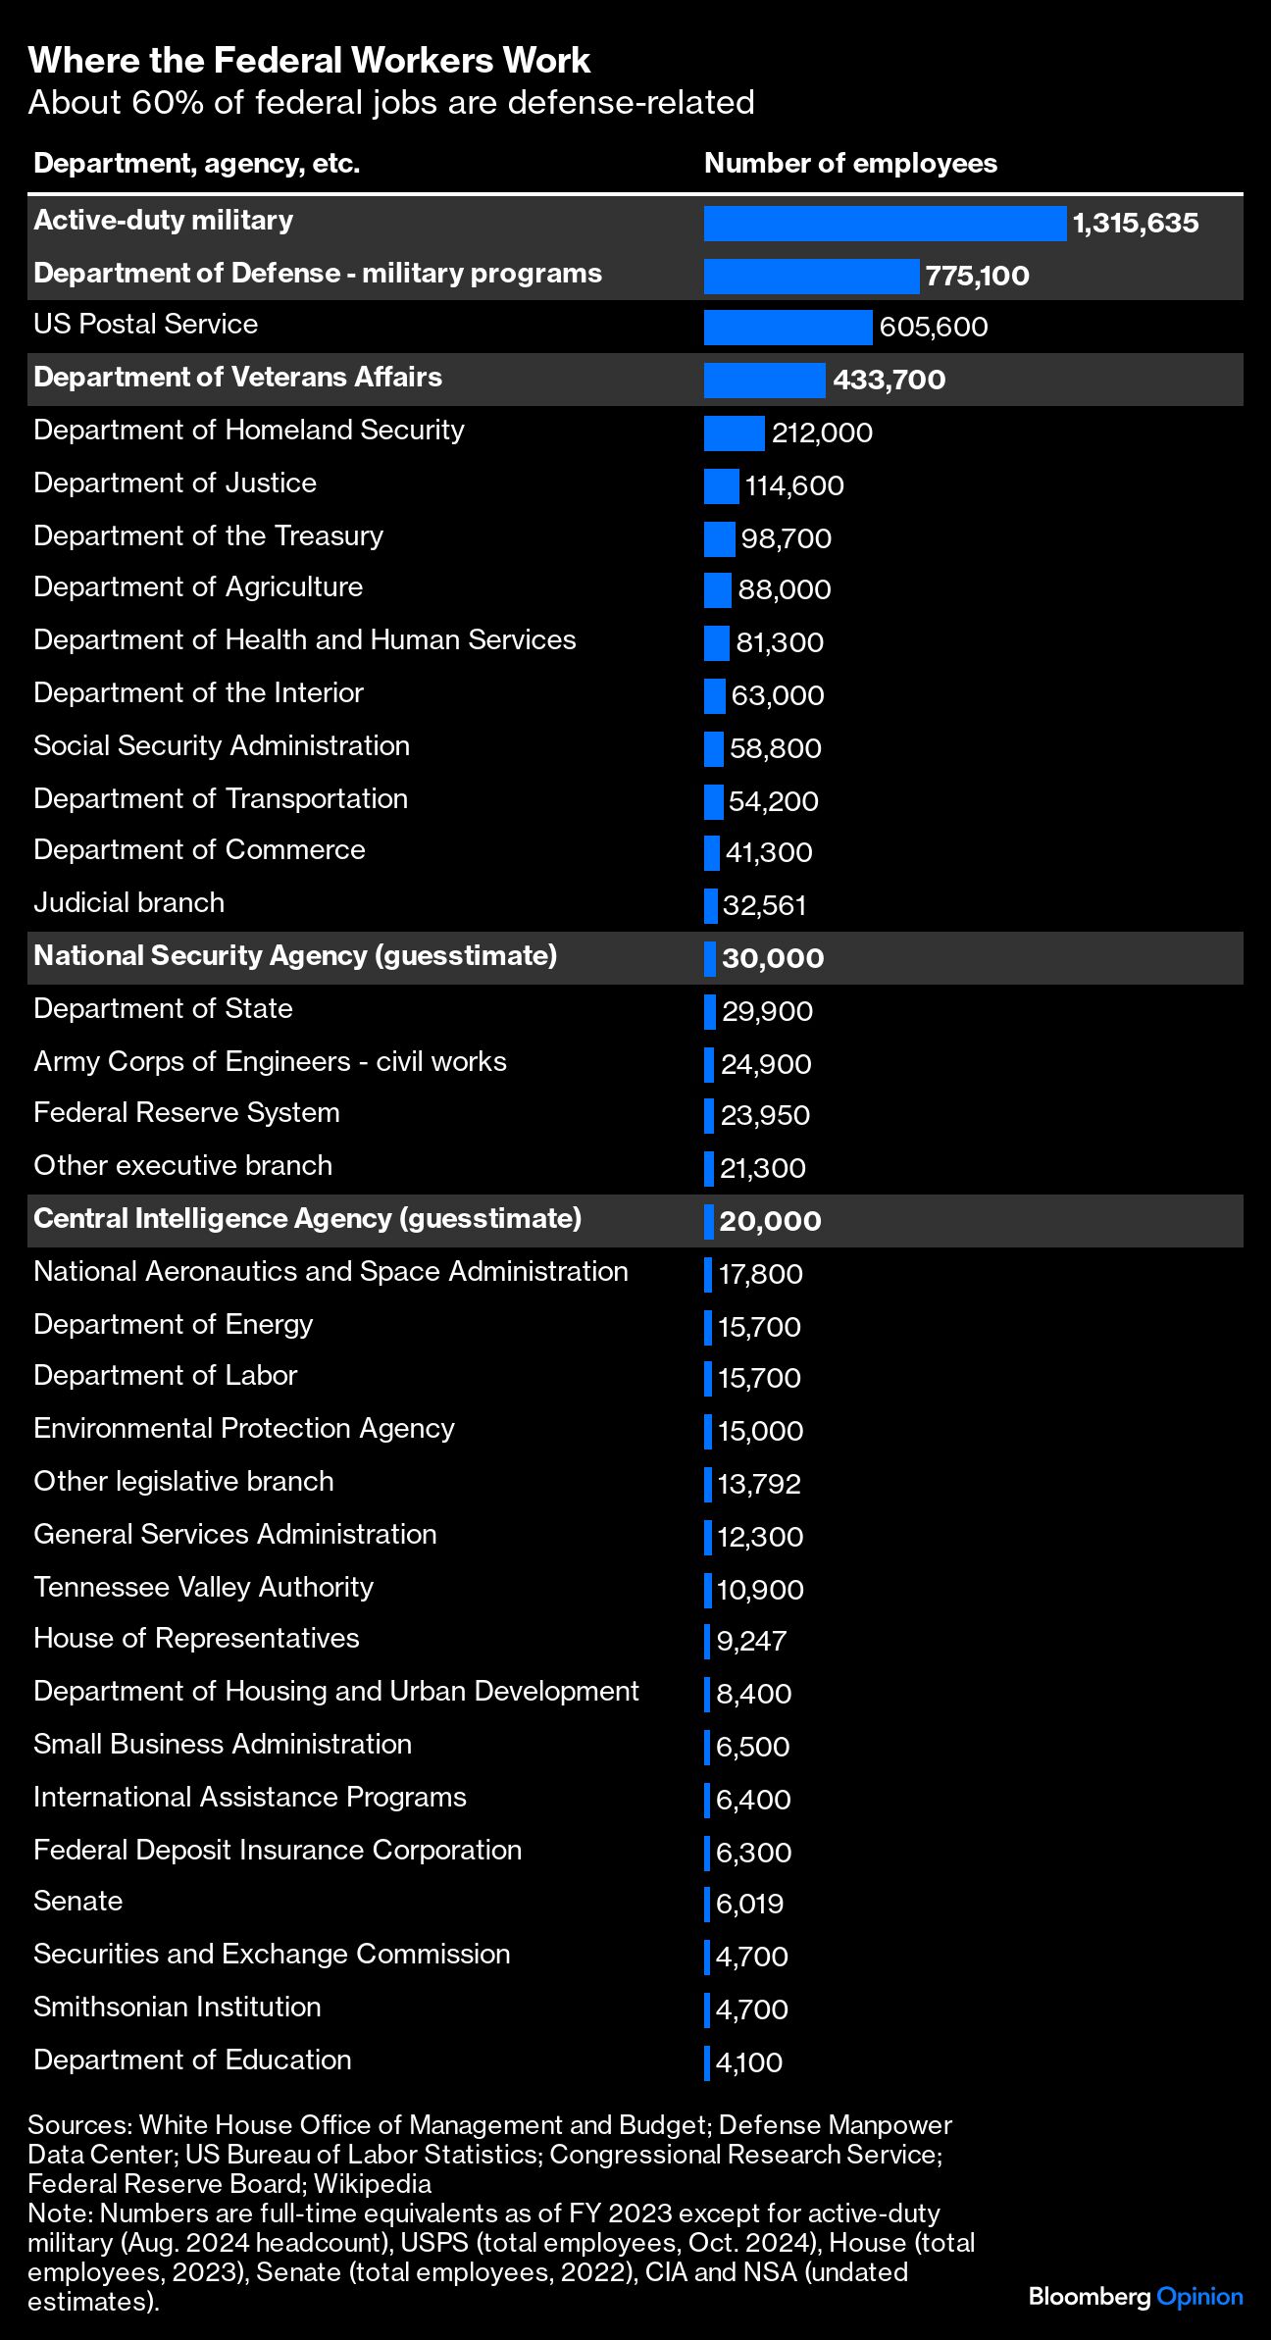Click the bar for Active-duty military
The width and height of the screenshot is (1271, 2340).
click(x=885, y=224)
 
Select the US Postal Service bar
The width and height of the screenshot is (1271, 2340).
click(x=788, y=328)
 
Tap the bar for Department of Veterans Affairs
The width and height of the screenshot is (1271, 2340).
click(x=764, y=381)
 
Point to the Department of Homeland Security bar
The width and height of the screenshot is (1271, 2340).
click(x=734, y=433)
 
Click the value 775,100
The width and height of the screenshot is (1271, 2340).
click(x=977, y=276)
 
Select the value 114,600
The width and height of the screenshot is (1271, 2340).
click(x=794, y=486)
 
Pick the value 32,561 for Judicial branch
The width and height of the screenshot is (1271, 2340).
click(x=764, y=905)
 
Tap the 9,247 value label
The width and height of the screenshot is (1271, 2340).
click(x=751, y=1641)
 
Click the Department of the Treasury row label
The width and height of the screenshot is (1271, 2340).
click(x=208, y=535)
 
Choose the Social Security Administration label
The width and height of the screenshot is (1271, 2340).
click(x=222, y=745)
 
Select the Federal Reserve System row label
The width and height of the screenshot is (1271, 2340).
click(x=186, y=1112)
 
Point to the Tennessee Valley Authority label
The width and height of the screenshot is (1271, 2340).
click(x=203, y=1587)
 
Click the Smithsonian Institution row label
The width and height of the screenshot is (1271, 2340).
click(x=177, y=2007)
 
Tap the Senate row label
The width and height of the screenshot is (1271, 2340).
click(x=77, y=1901)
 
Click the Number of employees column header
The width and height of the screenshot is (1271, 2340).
click(x=850, y=163)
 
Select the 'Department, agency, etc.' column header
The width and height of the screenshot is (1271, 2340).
click(x=196, y=163)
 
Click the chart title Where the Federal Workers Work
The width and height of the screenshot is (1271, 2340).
click(x=309, y=61)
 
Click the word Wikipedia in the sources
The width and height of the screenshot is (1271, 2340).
click(x=373, y=2184)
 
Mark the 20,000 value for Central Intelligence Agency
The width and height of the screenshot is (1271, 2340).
click(x=770, y=1221)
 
